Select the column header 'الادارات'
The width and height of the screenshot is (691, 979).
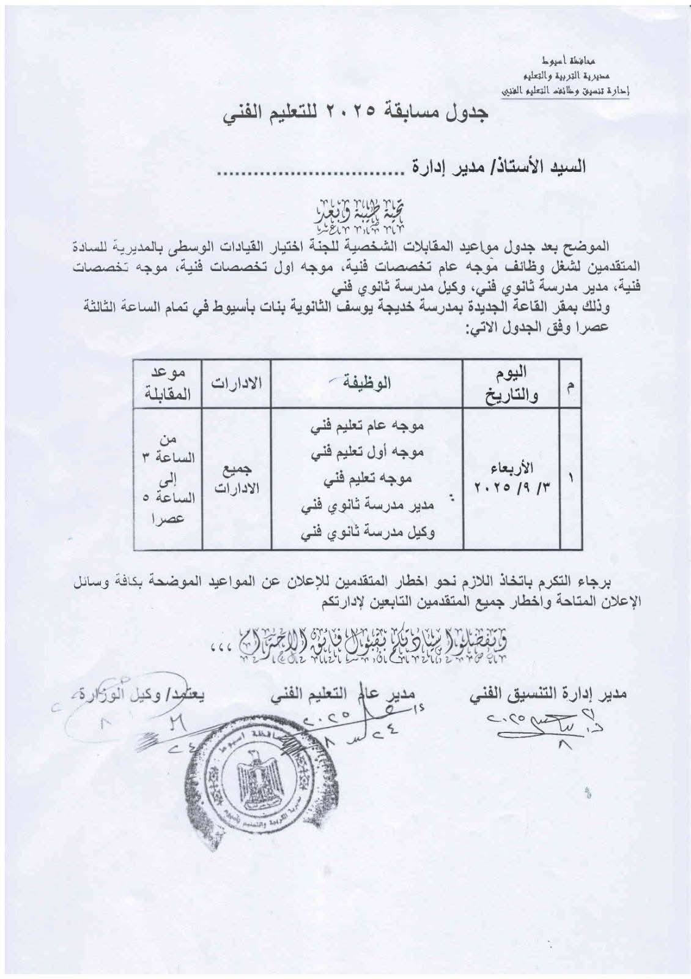coord(237,384)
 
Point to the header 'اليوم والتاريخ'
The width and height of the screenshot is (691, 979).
coord(511,384)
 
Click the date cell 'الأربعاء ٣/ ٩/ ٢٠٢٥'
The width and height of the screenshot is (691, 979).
coord(511,478)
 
